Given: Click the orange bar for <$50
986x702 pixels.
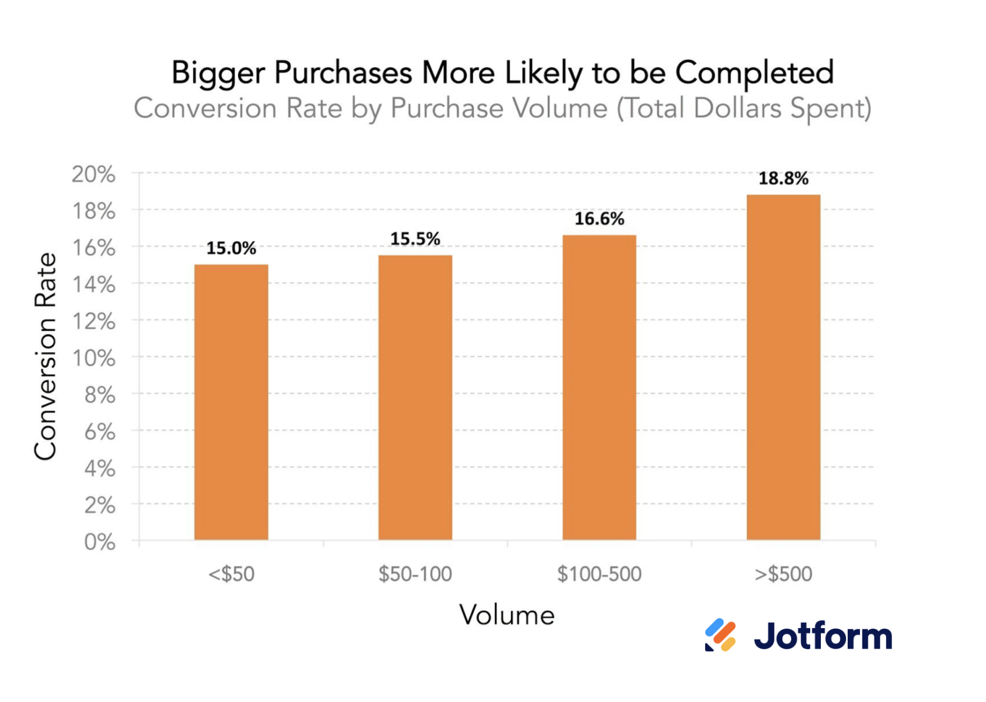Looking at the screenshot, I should [x=231, y=402].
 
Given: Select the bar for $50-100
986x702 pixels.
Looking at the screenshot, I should [x=415, y=397].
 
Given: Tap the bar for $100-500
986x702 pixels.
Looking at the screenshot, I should [x=599, y=387].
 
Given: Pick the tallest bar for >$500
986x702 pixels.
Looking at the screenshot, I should [x=783, y=367].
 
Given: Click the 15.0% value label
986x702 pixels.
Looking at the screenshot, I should [x=231, y=248].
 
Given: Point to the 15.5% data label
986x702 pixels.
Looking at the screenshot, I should [x=415, y=239].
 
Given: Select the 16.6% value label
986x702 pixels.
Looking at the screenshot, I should [x=599, y=219].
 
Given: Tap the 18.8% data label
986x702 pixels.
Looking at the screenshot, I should [x=783, y=178].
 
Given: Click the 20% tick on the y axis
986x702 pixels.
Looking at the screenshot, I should [x=93, y=174].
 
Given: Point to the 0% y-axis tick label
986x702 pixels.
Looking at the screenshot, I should [x=100, y=542].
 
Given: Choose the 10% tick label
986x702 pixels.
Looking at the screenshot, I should [x=93, y=358].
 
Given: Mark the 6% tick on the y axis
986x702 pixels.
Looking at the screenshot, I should [x=100, y=432].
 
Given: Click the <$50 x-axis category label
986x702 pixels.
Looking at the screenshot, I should [x=231, y=574].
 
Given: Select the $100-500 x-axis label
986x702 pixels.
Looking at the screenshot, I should [x=599, y=574].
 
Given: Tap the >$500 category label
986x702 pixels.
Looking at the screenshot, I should [x=783, y=574].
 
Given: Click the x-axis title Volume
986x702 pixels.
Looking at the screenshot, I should [x=507, y=615].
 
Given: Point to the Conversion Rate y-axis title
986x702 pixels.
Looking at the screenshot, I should [x=45, y=356].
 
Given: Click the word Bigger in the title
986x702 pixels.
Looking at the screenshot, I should [x=217, y=73].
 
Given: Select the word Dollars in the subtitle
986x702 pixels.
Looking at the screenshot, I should [x=737, y=108].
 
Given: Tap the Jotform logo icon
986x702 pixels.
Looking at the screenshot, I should [x=720, y=635].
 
